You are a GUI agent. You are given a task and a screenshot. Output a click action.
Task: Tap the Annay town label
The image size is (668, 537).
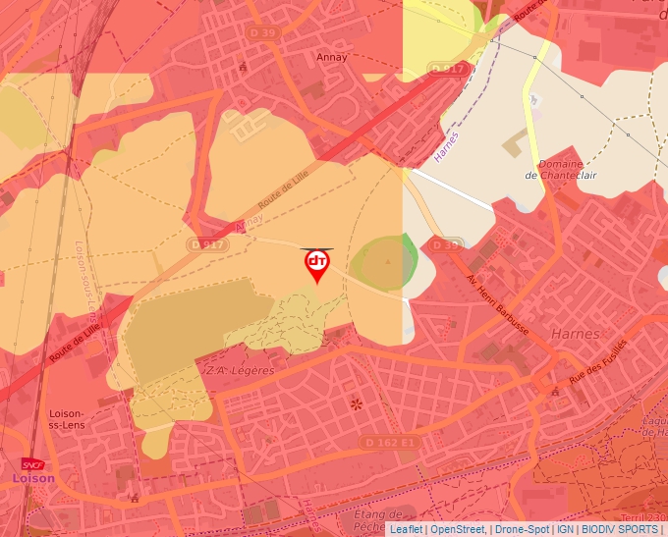333,57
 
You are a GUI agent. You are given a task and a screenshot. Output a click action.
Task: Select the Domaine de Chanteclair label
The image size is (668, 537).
561,170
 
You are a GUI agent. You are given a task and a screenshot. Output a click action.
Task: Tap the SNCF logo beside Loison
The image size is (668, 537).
33,463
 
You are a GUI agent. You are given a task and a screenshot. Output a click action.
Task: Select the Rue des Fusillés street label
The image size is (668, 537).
597,365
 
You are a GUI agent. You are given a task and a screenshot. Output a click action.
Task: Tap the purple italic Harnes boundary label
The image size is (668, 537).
446,147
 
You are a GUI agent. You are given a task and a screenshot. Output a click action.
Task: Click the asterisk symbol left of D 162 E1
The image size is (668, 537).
355,404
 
